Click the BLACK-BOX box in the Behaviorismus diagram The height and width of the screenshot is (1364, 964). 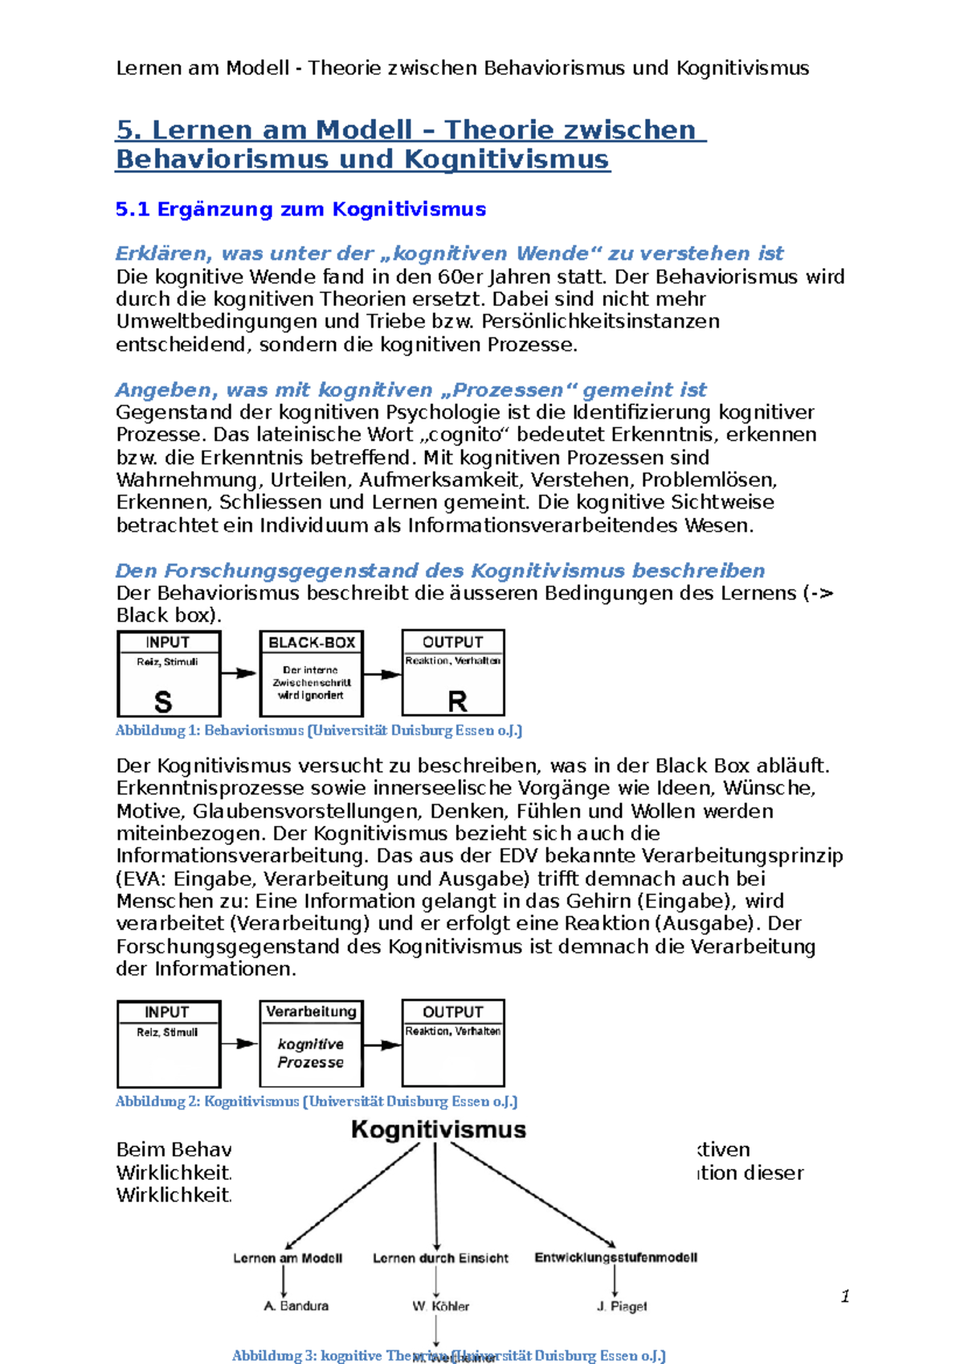311,673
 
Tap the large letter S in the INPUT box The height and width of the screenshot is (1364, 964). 163,701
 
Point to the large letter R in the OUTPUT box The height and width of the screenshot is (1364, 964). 457,701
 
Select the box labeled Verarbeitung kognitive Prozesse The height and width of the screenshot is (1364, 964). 311,1043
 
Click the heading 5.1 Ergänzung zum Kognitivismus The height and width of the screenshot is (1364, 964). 300,209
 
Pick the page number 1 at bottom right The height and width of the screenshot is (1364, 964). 845,1296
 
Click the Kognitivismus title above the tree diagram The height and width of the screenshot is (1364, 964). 439,1129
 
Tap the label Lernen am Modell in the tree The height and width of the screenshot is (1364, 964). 288,1258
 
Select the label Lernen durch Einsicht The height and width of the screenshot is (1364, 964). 440,1258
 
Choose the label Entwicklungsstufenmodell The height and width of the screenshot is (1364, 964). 615,1257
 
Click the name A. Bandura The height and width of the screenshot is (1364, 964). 296,1306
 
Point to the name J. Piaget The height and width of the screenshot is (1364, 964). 621,1306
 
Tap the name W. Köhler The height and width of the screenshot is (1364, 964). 440,1306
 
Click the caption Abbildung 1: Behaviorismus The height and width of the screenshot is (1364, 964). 318,730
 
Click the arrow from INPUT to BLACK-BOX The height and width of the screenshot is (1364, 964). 239,673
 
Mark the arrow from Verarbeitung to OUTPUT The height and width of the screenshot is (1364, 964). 382,1045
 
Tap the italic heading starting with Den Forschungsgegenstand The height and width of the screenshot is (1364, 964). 439,570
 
